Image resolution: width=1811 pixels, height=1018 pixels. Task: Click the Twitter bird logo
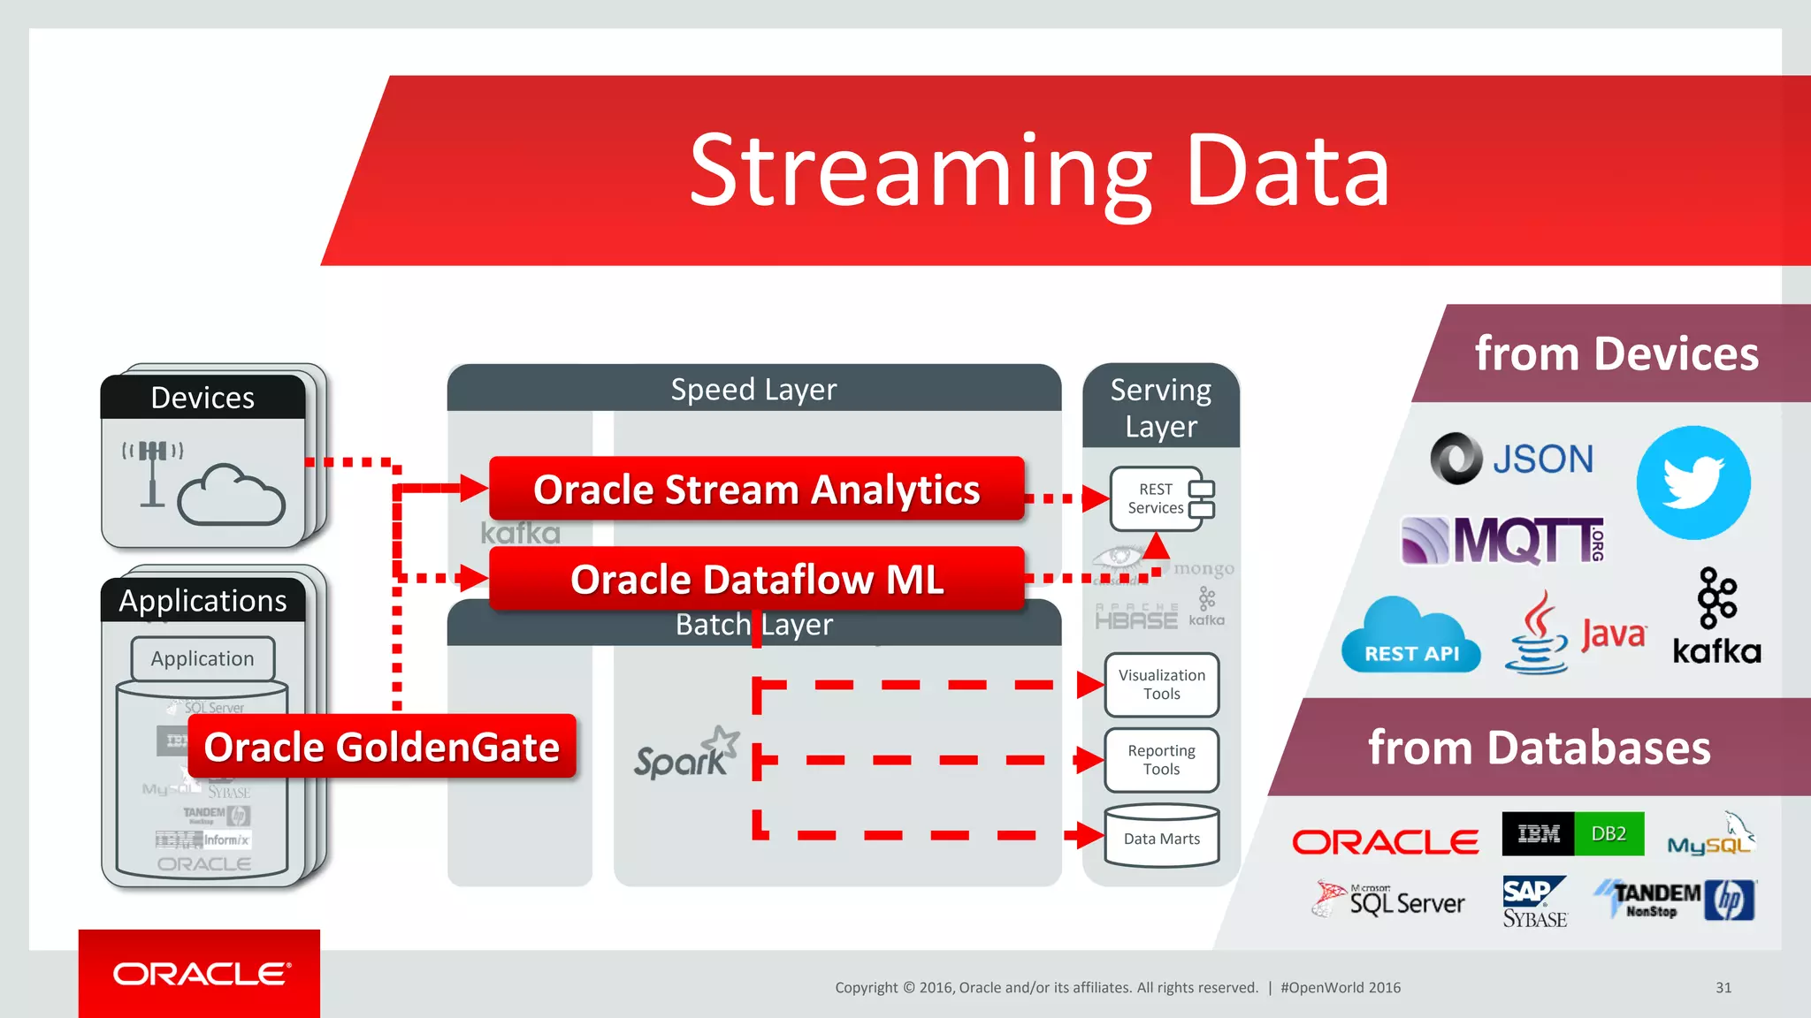point(1693,482)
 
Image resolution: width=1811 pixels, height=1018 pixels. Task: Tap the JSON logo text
point(1542,460)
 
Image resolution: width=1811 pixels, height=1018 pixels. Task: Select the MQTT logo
point(1503,540)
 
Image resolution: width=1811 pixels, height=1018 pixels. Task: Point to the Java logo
point(1575,634)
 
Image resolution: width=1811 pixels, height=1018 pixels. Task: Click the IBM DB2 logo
point(1572,833)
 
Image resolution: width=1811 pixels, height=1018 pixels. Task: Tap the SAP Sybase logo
point(1534,901)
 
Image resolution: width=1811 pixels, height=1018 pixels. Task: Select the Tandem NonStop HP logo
point(1675,900)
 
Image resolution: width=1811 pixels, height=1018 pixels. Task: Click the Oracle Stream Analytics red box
point(756,489)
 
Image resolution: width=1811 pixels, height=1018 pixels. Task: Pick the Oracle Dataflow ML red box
point(756,579)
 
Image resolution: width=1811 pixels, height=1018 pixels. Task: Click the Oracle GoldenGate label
point(381,747)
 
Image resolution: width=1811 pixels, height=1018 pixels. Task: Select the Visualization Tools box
point(1161,685)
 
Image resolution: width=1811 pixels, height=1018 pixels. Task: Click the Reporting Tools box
point(1161,760)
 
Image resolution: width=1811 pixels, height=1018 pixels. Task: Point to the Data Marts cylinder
point(1161,836)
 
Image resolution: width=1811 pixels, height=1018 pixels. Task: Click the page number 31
point(1723,988)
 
